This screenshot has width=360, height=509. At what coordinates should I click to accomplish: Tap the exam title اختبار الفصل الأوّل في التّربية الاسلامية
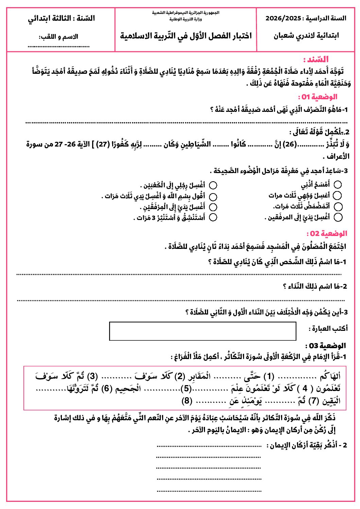pos(186,36)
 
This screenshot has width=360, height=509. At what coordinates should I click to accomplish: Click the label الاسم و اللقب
pos(58,37)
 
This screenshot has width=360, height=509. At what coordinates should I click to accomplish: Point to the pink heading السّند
pos(316,60)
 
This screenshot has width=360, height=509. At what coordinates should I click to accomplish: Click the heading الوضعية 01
pos(318,97)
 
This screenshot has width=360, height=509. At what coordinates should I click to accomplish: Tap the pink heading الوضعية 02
pos(327,234)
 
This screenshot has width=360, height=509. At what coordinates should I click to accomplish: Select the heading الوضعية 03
pos(325,346)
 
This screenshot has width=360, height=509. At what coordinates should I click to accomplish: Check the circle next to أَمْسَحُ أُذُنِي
pos(338,185)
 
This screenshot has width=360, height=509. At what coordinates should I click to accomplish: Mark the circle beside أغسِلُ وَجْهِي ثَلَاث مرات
pos(337,196)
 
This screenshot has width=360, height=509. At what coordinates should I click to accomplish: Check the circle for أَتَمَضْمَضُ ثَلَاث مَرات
pos(338,206)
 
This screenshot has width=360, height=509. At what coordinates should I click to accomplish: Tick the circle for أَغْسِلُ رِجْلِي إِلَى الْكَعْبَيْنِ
pos(213,185)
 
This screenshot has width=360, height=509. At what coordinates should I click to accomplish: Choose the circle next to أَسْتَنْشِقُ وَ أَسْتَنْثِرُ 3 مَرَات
pos(213,217)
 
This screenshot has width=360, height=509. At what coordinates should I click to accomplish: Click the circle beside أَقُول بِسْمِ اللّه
pos(213,197)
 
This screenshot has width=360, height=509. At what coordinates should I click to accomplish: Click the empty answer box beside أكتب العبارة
pos(203,331)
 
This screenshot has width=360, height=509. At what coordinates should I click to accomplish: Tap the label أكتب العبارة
pos(328,328)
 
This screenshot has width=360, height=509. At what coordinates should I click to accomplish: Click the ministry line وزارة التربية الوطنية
pos(186,19)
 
